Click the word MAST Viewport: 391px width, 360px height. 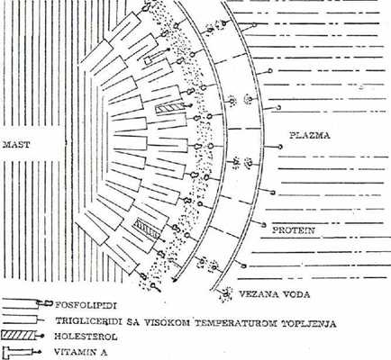(x=16, y=145)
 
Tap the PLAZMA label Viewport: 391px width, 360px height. (x=310, y=135)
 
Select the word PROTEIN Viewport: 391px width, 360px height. (x=294, y=230)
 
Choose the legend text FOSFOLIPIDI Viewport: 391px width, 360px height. (x=86, y=306)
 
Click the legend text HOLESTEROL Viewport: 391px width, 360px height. (x=86, y=337)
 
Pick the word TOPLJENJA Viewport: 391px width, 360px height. (x=309, y=324)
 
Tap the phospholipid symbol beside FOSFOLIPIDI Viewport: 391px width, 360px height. (x=26, y=304)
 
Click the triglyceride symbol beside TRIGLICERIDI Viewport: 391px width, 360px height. (x=23, y=319)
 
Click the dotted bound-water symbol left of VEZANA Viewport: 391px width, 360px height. (x=226, y=294)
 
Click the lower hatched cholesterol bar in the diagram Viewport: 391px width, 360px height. (x=147, y=228)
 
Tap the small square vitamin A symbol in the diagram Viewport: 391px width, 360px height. (x=148, y=60)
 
